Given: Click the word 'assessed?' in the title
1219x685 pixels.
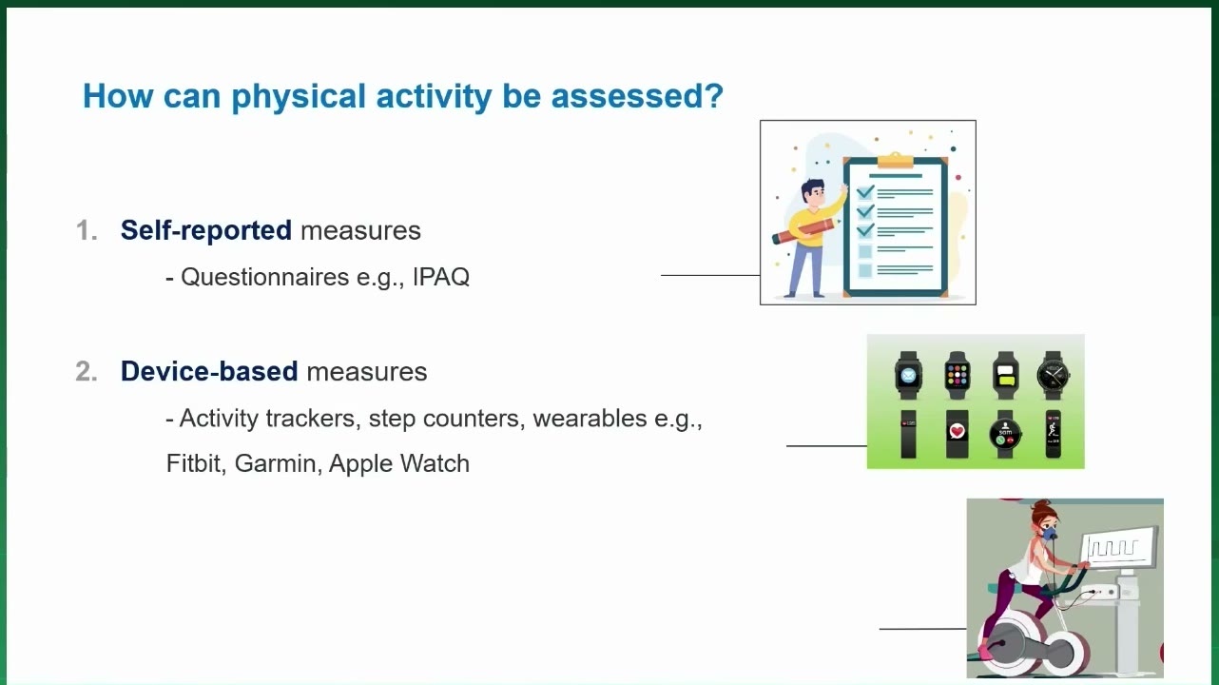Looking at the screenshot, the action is pos(637,96).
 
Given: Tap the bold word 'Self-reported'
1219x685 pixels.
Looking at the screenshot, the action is pos(205,230).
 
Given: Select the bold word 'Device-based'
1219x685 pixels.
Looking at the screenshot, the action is pos(209,371).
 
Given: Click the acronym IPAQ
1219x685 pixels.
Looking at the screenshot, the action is pos(441,277).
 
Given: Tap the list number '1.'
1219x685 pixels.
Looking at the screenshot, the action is pos(87,230).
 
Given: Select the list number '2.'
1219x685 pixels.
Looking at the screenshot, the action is pos(87,371).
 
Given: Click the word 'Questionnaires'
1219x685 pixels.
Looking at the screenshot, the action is pos(264,277).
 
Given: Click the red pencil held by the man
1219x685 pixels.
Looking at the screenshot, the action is pos(805,230).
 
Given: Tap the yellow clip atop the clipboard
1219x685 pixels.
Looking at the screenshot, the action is pos(895,160).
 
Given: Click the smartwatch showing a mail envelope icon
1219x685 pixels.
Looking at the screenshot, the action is pos(908,375).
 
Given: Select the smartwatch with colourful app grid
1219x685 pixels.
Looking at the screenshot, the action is pos(958,375).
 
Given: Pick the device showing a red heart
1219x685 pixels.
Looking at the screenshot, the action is pos(958,434).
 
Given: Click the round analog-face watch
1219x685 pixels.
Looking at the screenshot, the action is pos(1054,375).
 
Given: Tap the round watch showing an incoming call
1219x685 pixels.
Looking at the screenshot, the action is pos(1005,435).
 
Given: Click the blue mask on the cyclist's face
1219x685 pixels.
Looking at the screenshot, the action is pos(1049,532).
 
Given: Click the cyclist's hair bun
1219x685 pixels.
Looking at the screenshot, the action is pos(1041,505).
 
